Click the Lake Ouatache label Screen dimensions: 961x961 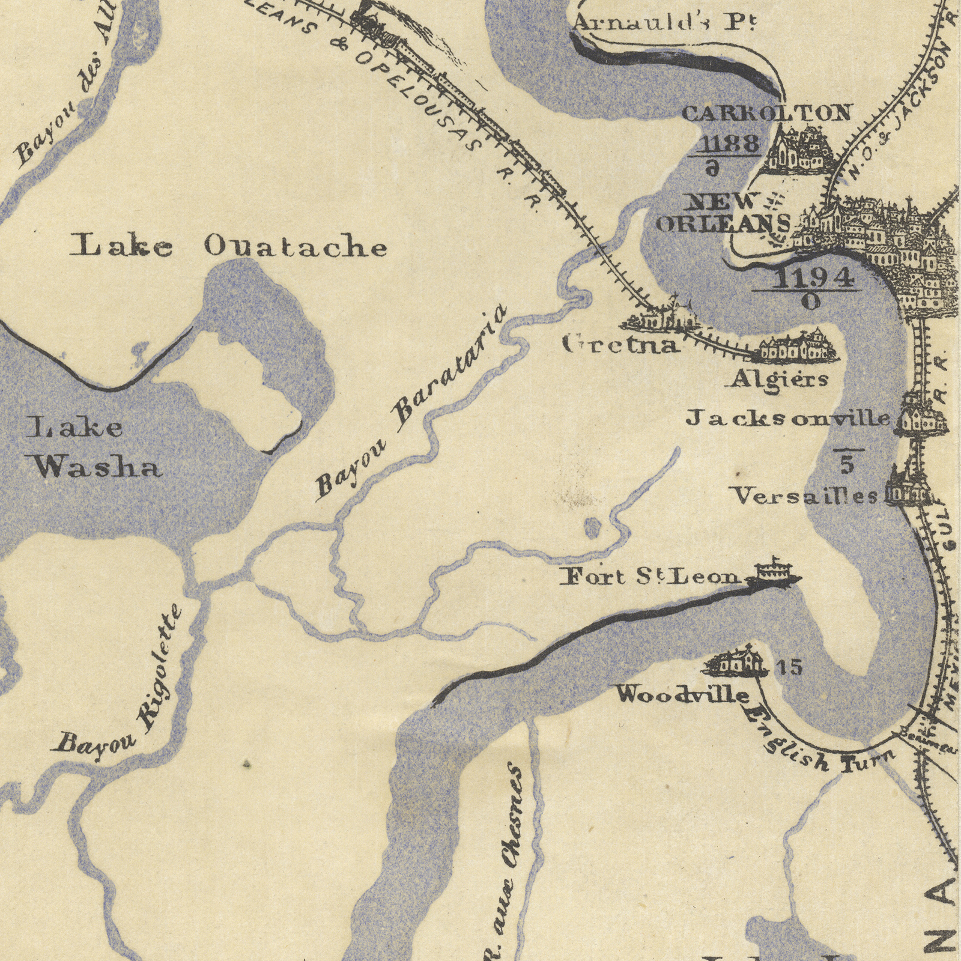click(228, 246)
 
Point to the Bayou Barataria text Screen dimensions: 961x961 click(411, 402)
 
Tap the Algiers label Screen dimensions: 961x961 click(780, 380)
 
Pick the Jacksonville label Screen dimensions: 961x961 click(788, 418)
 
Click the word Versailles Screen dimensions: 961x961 click(805, 496)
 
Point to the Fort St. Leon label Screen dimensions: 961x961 click(652, 577)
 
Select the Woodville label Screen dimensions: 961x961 click(684, 695)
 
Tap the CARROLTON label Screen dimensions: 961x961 click(766, 113)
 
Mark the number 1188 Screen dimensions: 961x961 click(730, 144)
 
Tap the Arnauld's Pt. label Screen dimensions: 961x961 click(664, 23)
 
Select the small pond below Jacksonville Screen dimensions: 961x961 click(592, 527)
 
